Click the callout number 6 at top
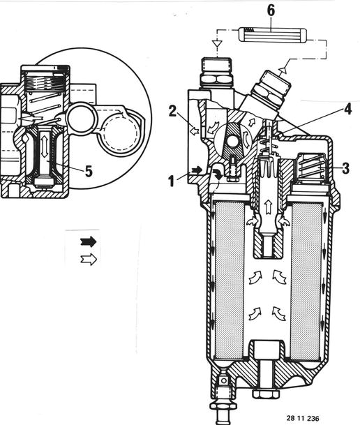point(271,10)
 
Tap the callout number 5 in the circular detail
point(89,171)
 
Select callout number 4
point(348,110)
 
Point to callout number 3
point(345,169)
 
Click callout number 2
point(172,111)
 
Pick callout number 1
point(171,181)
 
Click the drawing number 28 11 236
point(303,418)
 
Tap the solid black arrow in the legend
point(89,241)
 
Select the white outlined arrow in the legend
point(89,260)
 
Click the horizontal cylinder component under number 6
point(273,36)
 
